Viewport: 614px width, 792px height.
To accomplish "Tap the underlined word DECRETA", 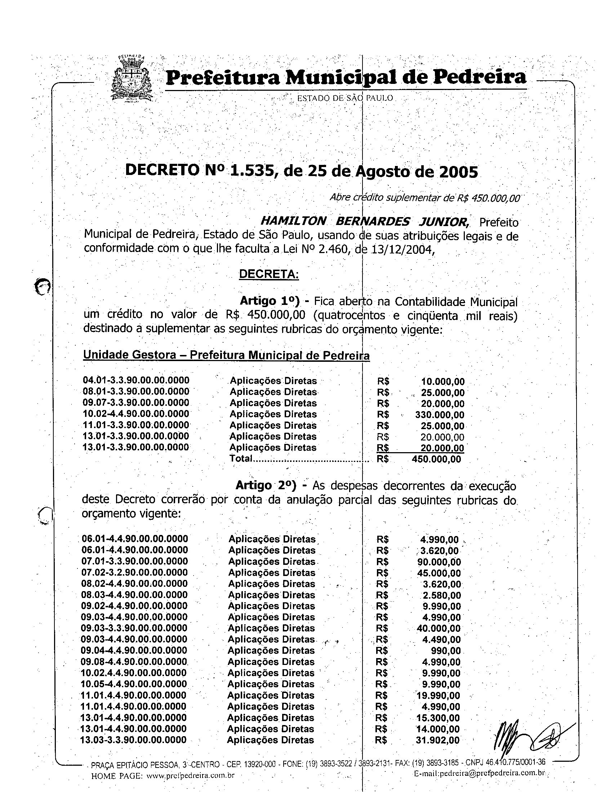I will (x=268, y=274).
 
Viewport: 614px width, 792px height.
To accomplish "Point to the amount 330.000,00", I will (x=440, y=414).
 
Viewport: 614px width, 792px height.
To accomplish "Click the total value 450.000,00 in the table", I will (x=437, y=459).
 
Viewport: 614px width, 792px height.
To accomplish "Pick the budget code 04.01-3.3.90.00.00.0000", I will (x=136, y=381).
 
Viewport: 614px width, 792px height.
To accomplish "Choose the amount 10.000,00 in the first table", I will (x=443, y=382).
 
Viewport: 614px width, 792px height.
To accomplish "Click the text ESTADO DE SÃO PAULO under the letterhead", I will (x=345, y=98).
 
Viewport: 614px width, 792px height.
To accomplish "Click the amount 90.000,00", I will (x=439, y=562).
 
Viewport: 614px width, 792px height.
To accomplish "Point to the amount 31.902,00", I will (x=438, y=740).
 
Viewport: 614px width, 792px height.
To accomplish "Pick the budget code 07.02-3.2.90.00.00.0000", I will (x=135, y=573).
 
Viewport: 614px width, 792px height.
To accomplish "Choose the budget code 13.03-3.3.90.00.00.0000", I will (x=134, y=740).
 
